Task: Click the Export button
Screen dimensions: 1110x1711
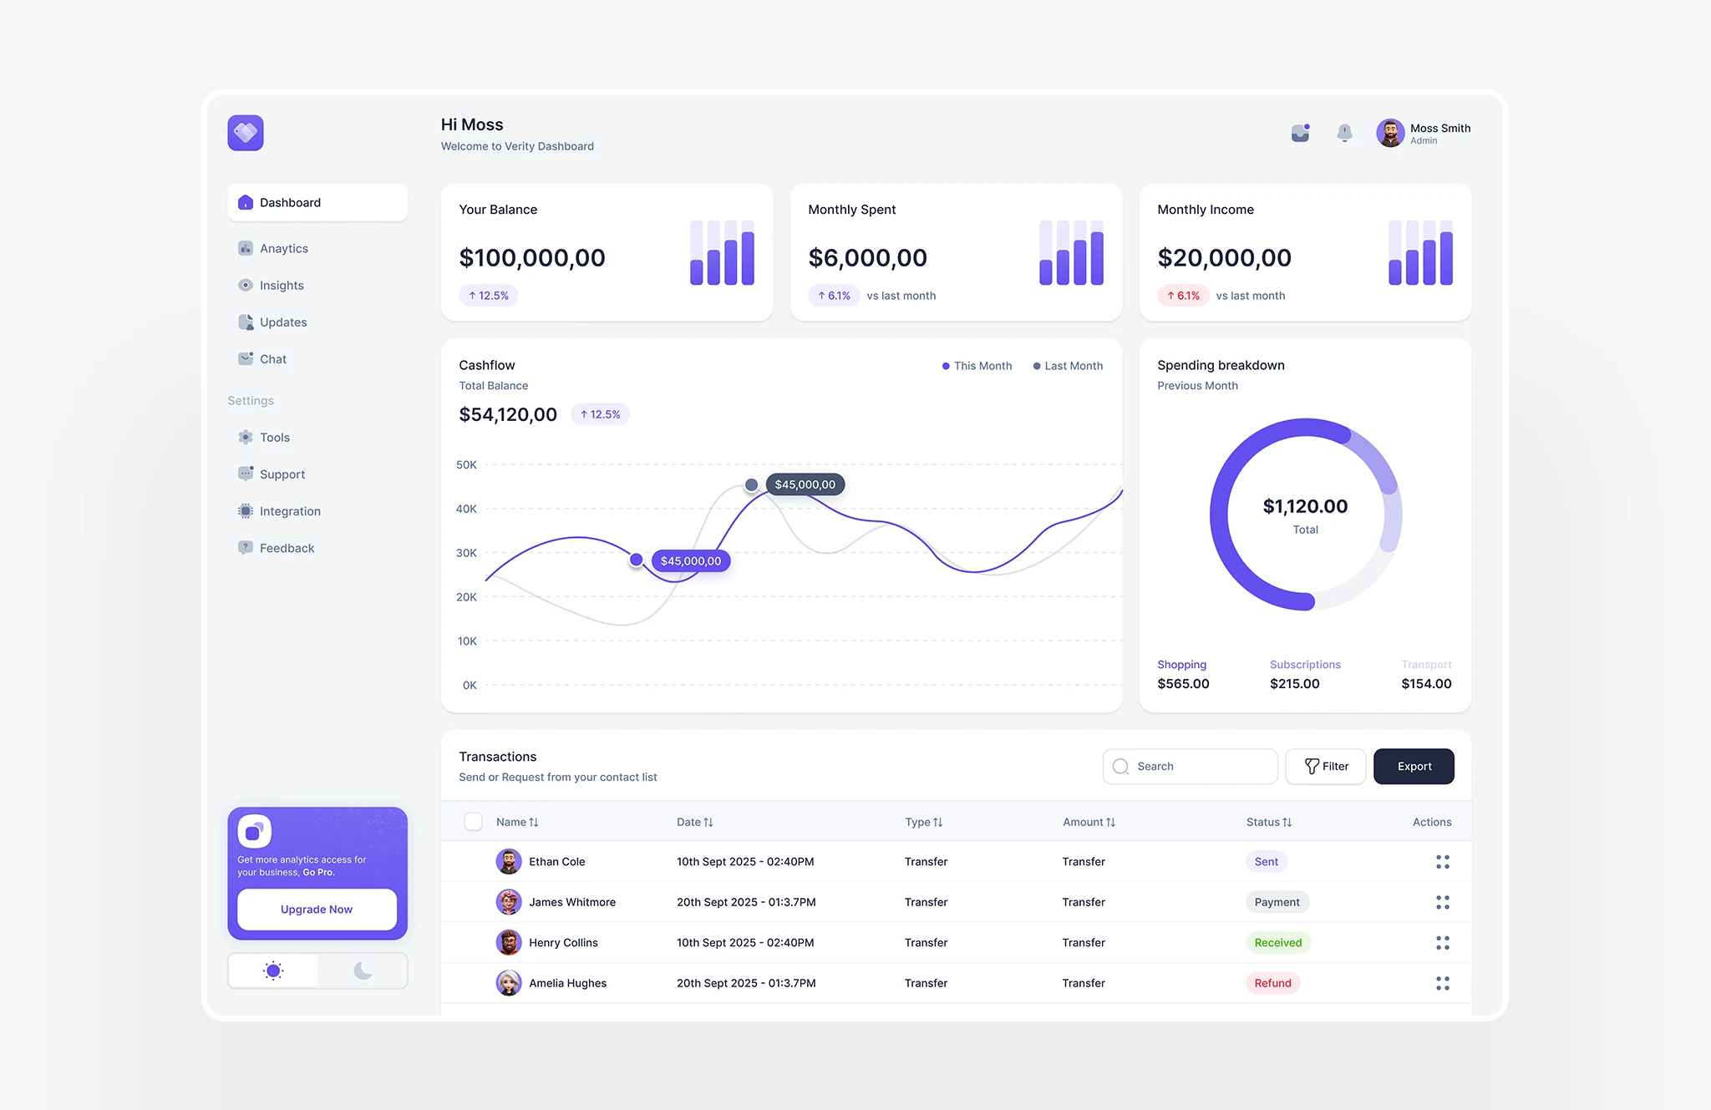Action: click(1414, 766)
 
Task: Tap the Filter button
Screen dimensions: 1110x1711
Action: click(1326, 766)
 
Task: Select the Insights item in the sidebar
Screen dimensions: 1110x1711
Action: click(282, 286)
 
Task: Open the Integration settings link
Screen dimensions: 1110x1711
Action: click(289, 511)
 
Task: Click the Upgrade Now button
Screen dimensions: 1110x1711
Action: click(317, 909)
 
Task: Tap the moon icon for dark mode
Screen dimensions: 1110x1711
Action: click(363, 971)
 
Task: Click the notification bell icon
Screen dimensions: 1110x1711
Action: click(1344, 133)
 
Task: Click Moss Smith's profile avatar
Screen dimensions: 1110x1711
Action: click(1390, 133)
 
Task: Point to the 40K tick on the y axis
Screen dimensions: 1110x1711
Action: click(466, 509)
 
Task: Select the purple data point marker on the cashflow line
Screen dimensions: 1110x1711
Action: click(637, 560)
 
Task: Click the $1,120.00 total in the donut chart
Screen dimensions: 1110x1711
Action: click(1305, 506)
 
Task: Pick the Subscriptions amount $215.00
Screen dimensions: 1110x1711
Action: click(1294, 683)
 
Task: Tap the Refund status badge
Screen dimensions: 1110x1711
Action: click(1272, 983)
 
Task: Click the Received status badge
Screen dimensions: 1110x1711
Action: click(1277, 942)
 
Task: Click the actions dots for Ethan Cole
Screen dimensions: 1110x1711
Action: click(1442, 862)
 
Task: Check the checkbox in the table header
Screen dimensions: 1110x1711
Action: click(473, 822)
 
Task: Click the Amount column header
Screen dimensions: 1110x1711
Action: click(1088, 822)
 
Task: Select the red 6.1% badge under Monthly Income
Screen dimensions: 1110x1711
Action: click(1183, 296)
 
